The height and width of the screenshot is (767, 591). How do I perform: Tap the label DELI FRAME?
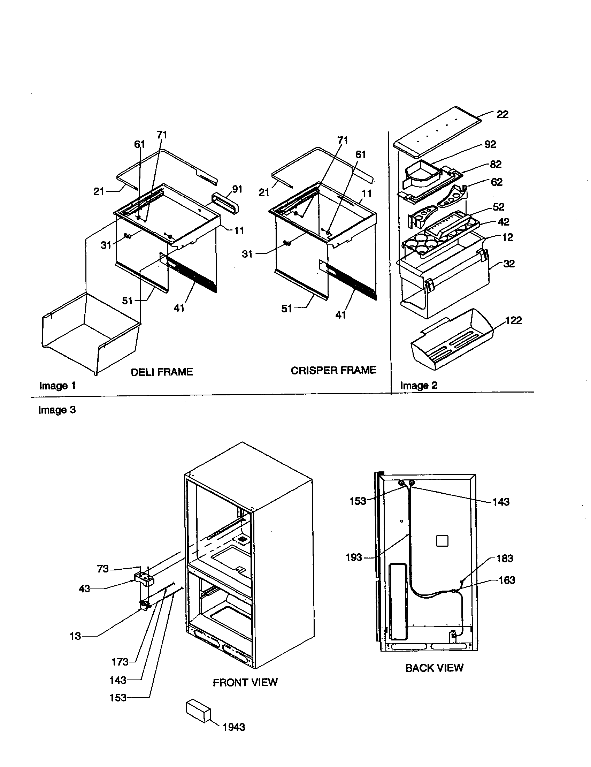(x=162, y=372)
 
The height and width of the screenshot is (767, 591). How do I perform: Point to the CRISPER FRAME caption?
(x=333, y=370)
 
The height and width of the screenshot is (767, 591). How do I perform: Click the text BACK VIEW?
(x=434, y=668)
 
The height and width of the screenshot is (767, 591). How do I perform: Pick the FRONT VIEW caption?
(x=245, y=682)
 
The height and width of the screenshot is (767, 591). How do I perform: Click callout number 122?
(x=513, y=320)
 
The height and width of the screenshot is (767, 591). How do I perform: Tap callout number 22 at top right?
(x=502, y=114)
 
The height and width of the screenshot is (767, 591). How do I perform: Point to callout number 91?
(x=237, y=189)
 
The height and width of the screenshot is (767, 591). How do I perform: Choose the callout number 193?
(x=354, y=557)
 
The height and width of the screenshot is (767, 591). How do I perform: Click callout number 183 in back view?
(x=505, y=559)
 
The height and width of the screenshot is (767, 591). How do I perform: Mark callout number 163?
(x=507, y=580)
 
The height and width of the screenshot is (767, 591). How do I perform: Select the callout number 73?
(x=103, y=569)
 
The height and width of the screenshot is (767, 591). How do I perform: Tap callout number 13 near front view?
(x=75, y=636)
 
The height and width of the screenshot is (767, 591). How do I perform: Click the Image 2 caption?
(x=419, y=386)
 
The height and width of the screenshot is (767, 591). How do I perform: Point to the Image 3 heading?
(x=57, y=410)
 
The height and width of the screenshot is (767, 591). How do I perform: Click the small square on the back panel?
(x=442, y=541)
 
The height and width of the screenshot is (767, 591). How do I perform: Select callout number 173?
(x=120, y=662)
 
